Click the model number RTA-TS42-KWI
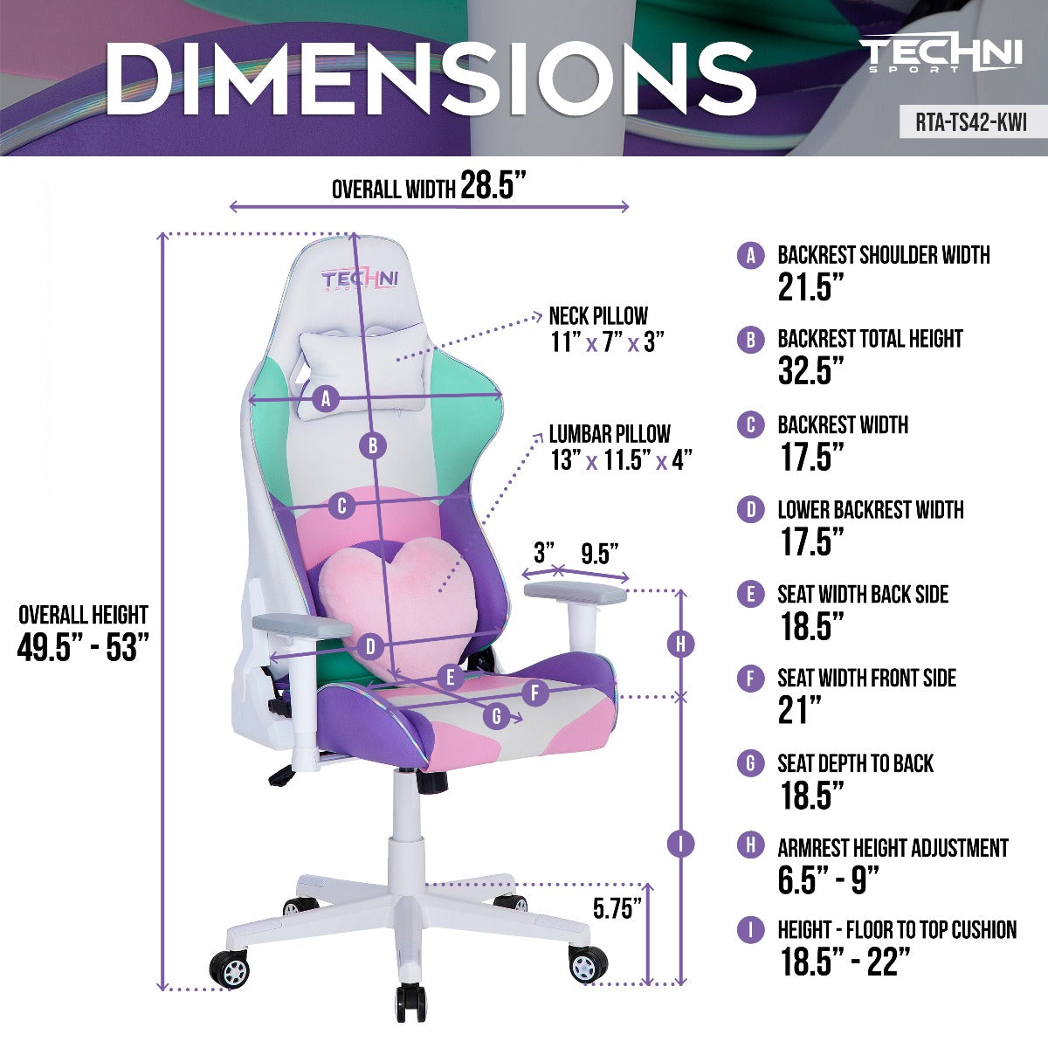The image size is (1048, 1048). pyautogui.click(x=971, y=122)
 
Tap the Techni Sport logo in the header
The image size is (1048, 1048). pyautogui.click(x=943, y=54)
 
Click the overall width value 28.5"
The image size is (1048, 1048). pyautogui.click(x=493, y=185)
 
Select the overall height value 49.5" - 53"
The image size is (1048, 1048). pyautogui.click(x=83, y=647)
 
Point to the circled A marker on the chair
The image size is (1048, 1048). pyautogui.click(x=326, y=400)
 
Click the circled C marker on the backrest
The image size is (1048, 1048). pyautogui.click(x=342, y=507)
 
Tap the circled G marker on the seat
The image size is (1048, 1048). pyautogui.click(x=496, y=716)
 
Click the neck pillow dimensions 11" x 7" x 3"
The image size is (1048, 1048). pyautogui.click(x=607, y=343)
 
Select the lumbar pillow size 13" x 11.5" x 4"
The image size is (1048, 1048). pyautogui.click(x=621, y=460)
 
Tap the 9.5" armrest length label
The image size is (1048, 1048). pyautogui.click(x=600, y=554)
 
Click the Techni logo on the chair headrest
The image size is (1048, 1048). pyautogui.click(x=360, y=280)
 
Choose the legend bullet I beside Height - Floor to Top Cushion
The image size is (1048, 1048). pyautogui.click(x=750, y=929)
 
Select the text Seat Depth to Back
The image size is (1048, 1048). pyautogui.click(x=856, y=763)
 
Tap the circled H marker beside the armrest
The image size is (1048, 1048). pyautogui.click(x=680, y=645)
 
